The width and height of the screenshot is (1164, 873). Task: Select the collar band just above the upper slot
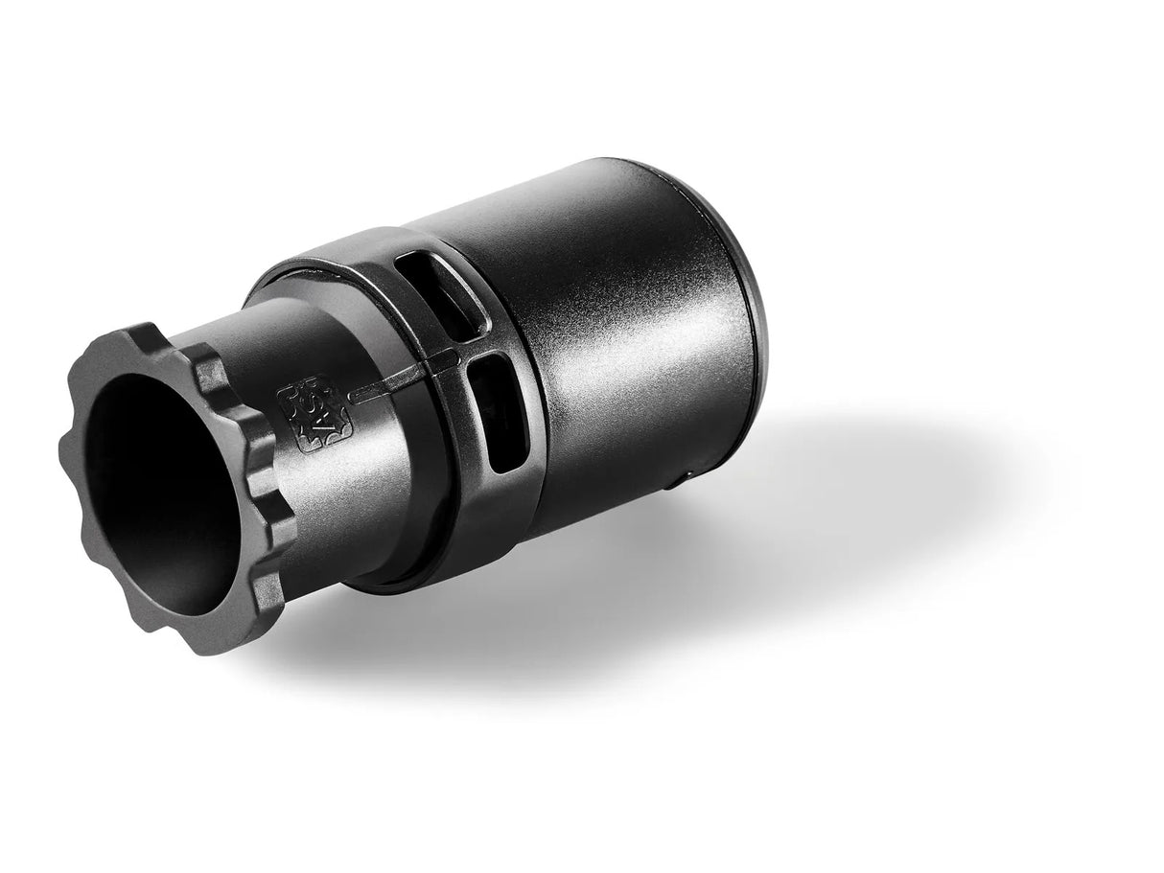pyautogui.click(x=422, y=251)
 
